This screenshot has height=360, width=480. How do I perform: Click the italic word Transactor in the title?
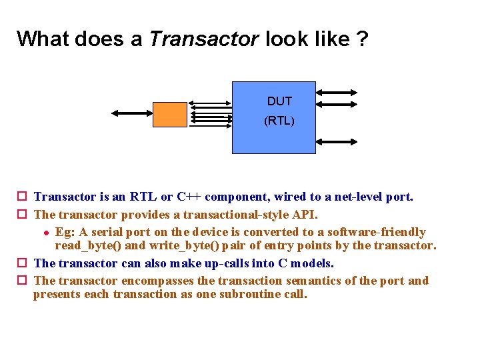coord(203,39)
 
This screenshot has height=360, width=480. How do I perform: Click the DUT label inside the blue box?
coord(279,101)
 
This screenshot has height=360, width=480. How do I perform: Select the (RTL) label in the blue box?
coord(279,121)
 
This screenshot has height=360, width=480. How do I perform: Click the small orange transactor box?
coord(170,114)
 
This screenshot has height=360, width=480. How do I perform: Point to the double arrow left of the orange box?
coord(132,113)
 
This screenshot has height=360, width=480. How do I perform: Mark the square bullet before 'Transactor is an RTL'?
coord(22,197)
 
